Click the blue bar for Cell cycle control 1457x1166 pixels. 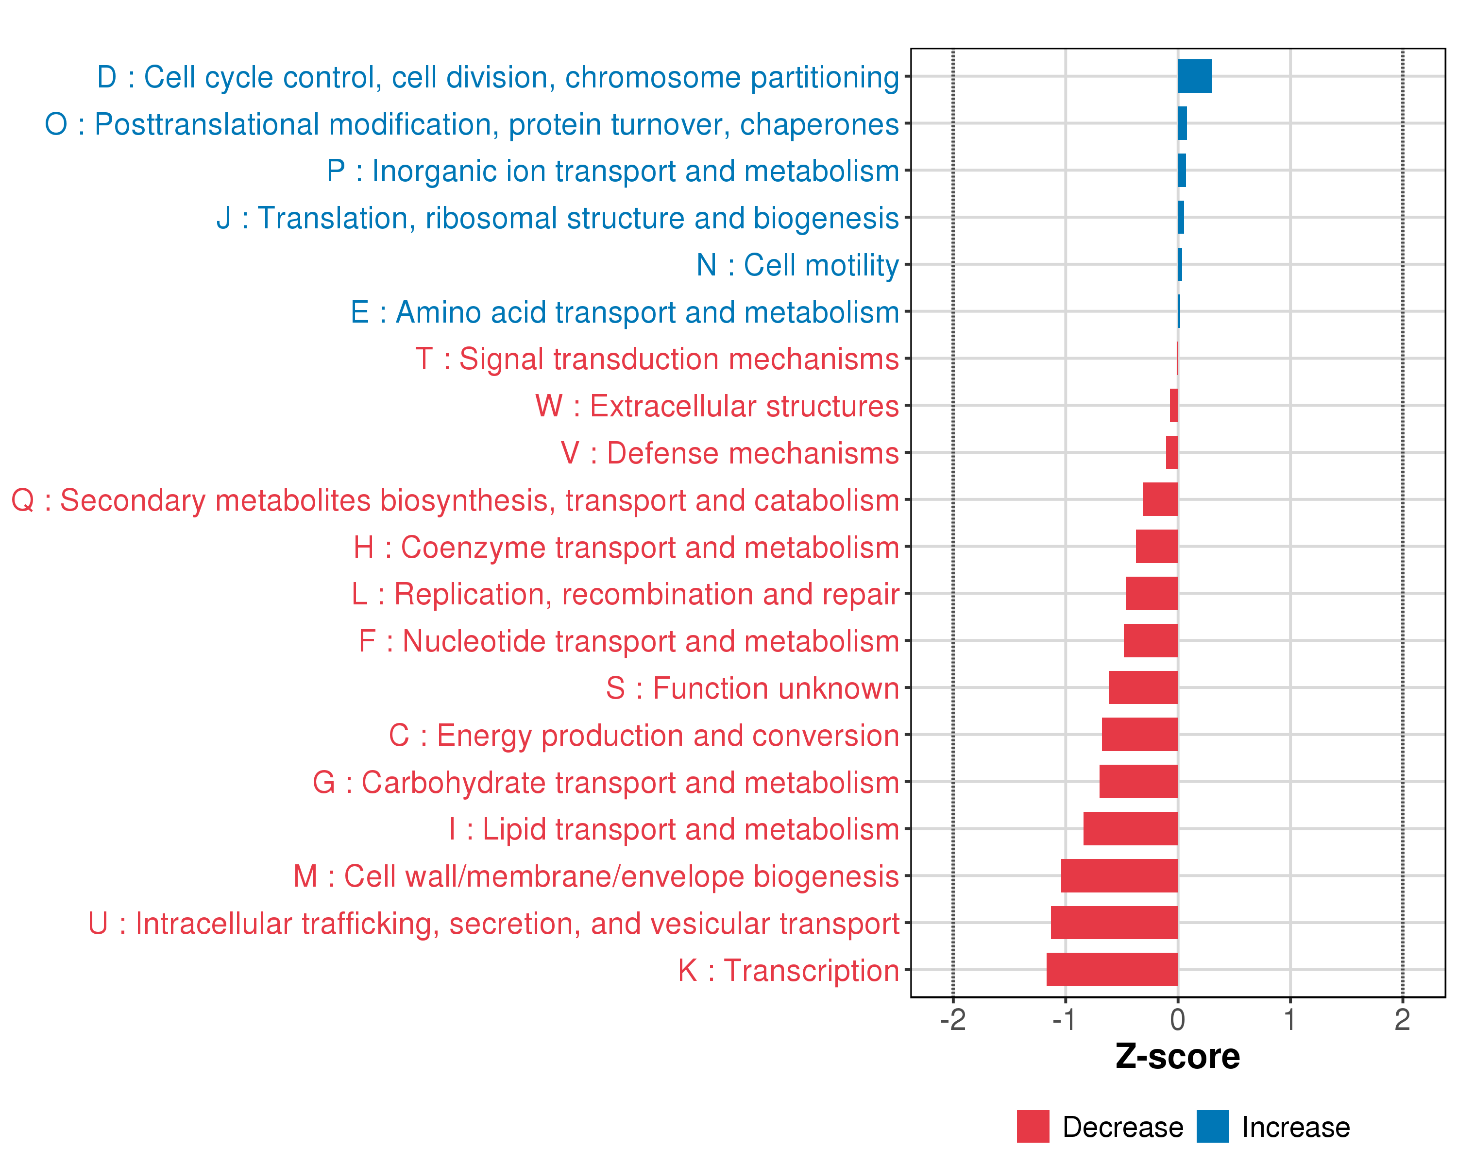point(1194,76)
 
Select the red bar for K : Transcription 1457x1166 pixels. point(1112,969)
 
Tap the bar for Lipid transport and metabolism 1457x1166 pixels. point(1130,829)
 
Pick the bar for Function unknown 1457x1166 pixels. point(1143,687)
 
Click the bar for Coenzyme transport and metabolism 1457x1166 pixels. point(1156,546)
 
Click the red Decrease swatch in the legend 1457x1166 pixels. point(1033,1126)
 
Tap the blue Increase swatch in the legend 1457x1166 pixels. point(1212,1126)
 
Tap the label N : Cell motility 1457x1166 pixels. point(797,265)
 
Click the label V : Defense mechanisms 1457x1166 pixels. point(730,453)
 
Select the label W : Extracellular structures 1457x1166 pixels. point(717,406)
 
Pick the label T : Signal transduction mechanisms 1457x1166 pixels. point(657,359)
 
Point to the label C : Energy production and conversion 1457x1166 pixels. point(644,736)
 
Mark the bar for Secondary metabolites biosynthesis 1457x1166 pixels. point(1160,499)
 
